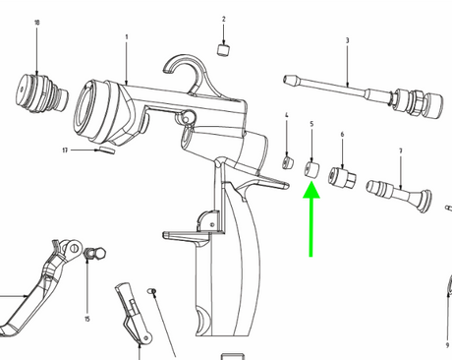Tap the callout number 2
(x=223, y=20)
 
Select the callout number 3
(x=347, y=40)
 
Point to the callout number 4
(x=286, y=116)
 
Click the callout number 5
(x=311, y=124)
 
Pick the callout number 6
(x=342, y=134)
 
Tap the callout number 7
(x=401, y=150)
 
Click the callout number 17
(x=65, y=150)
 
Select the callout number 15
(x=86, y=319)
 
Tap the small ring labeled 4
(x=287, y=160)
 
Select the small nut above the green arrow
(x=311, y=169)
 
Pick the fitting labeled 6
(x=342, y=177)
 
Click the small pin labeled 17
(x=105, y=151)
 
